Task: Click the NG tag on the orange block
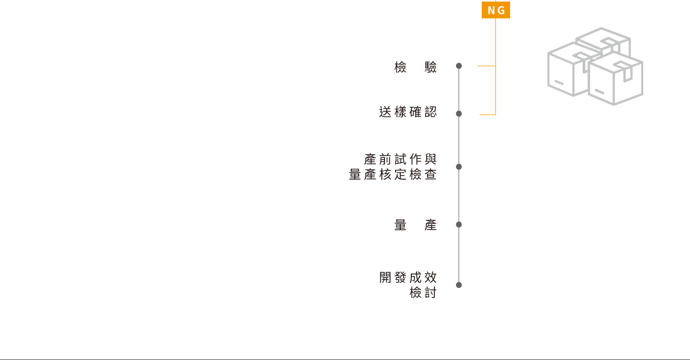coord(496,10)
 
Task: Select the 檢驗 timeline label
coord(415,67)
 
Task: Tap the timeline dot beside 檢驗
coord(459,66)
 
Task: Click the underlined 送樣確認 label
coord(408,111)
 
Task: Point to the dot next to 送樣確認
coord(459,114)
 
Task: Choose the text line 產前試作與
coord(400,159)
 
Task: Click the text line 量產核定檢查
coord(393,174)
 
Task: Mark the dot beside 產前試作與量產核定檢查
coord(459,167)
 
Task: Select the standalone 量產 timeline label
coord(415,225)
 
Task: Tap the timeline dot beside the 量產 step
coord(459,224)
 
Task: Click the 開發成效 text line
coord(408,277)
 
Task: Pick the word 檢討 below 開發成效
coord(423,293)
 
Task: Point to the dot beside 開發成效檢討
coord(459,285)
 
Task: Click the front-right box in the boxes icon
coord(615,81)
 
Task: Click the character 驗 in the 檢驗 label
coord(431,67)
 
